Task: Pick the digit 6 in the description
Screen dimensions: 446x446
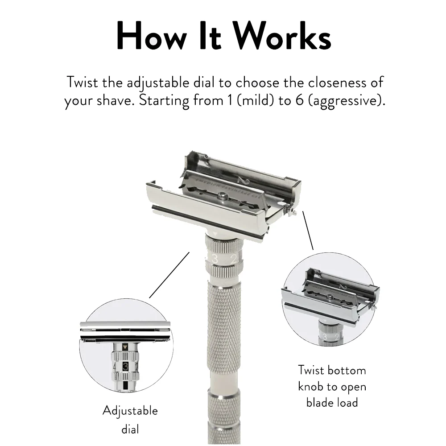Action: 300,101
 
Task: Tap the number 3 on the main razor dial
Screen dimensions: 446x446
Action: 215,259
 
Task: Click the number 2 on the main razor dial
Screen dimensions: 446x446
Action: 234,259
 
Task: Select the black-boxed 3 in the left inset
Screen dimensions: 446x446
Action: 125,367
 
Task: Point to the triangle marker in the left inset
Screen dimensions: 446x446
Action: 125,347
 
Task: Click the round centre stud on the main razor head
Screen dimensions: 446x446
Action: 222,195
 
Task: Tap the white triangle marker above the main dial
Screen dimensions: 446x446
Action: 215,234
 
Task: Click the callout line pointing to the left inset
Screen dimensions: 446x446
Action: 169,275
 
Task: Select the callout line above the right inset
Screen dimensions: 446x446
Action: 308,231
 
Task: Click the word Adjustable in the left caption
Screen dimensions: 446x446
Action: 130,411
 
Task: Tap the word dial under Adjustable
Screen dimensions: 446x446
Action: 130,429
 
